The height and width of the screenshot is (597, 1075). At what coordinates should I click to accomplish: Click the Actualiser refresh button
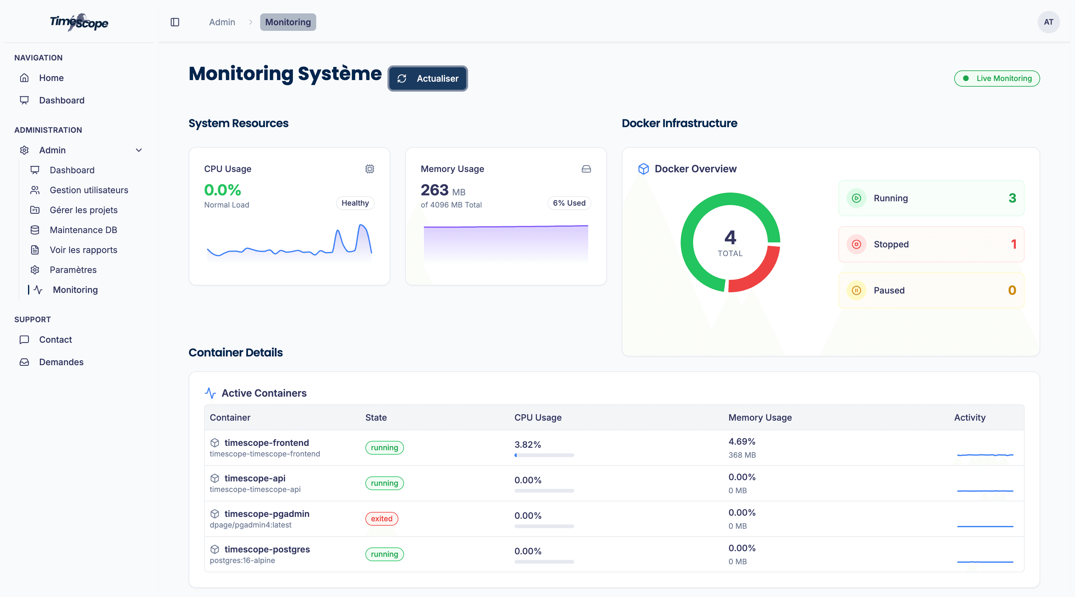coord(427,79)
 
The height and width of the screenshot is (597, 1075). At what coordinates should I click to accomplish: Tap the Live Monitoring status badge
coord(997,79)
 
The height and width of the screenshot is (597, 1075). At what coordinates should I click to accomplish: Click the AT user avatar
coord(1048,22)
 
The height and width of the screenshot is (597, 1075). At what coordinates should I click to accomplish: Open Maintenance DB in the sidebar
coord(83,230)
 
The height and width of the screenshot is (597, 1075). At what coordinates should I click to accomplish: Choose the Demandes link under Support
coord(61,362)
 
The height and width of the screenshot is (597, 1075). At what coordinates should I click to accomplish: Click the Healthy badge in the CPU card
coord(355,203)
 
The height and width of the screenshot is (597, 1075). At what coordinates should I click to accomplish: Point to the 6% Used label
coord(569,203)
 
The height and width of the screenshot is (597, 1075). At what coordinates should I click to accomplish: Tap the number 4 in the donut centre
coord(730,238)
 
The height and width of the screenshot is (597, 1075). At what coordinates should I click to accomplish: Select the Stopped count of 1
coord(1013,244)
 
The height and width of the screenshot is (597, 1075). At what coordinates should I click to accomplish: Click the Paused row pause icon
coord(856,290)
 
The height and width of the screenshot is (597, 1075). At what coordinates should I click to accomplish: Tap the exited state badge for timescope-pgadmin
coord(382,518)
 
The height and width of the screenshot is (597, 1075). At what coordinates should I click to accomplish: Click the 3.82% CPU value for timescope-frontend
coord(528,445)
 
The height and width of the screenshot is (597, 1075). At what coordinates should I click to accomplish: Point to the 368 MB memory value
coord(742,455)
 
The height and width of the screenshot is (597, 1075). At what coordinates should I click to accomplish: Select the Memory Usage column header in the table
coord(760,417)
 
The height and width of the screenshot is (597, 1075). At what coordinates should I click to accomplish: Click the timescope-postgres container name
coord(267,549)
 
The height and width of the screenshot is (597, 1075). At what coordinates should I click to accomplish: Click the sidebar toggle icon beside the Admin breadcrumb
coord(175,22)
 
